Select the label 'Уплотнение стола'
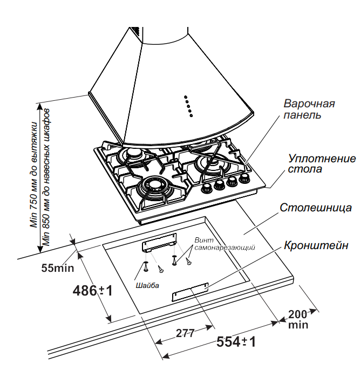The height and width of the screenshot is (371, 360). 322,163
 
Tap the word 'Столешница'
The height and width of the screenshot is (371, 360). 316,208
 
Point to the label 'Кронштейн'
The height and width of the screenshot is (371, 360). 316,245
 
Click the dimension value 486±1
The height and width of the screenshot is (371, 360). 92,291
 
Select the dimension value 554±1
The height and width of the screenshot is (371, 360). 236,342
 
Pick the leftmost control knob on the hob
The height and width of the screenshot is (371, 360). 207,189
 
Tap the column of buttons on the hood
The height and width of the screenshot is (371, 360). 188,105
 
